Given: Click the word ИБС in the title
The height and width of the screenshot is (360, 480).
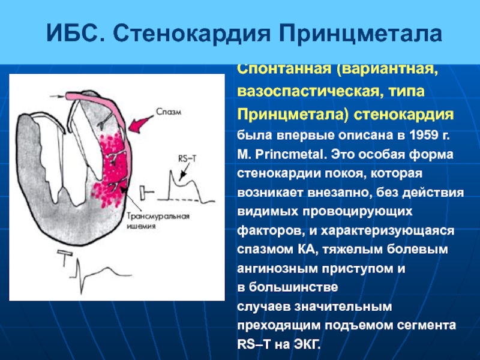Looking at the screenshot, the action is [x=73, y=33].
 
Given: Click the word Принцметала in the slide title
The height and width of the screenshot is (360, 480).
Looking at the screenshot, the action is [x=361, y=34].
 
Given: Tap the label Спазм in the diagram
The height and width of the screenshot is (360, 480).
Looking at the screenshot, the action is [x=169, y=112].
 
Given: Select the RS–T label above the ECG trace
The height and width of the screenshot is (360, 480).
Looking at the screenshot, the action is [x=187, y=159].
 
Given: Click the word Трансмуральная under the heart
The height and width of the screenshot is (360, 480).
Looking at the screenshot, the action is [x=158, y=217].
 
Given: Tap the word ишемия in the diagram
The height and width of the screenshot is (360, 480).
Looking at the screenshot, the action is [x=142, y=227].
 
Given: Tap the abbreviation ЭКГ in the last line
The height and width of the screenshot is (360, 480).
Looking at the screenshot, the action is [x=307, y=344].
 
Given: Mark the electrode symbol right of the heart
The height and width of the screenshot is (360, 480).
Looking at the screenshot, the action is [x=147, y=193].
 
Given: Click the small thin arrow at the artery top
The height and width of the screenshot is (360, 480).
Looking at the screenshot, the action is [x=57, y=97].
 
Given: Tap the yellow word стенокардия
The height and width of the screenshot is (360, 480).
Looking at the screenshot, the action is [x=403, y=115].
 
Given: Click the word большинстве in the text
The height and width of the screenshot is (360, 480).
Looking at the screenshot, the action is [x=293, y=287].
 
